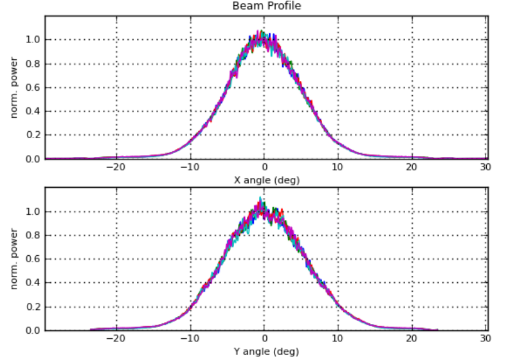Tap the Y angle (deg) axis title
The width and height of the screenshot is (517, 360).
coord(266,352)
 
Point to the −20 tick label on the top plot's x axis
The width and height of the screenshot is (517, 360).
coord(115,167)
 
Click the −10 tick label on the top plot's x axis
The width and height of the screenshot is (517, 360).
coord(189,167)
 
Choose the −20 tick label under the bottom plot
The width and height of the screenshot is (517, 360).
coord(115,339)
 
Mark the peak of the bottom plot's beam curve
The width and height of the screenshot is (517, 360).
coord(260,199)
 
